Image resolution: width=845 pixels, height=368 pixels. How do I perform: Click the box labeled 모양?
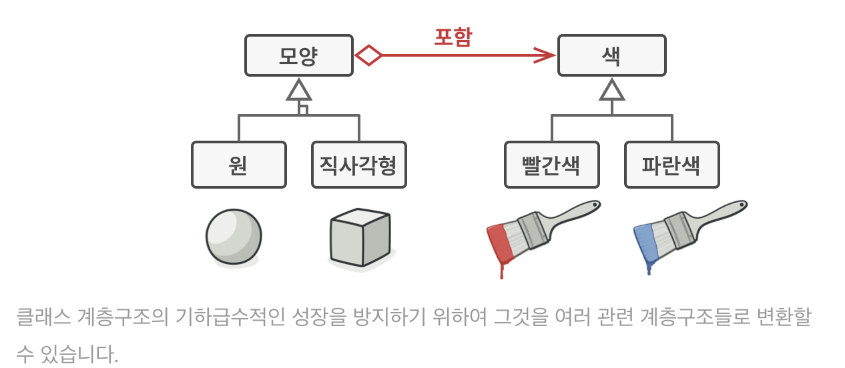298,55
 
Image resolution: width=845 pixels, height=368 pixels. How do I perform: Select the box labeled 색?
611,55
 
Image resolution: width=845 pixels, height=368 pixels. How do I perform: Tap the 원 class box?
238,165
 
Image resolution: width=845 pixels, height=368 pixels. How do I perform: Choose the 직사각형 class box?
358,165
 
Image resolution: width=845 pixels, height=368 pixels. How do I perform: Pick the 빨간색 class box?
551,165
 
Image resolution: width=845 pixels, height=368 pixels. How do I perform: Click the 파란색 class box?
671,165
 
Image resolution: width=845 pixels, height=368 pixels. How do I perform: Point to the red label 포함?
453,37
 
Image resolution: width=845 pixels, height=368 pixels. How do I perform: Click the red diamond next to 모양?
368,55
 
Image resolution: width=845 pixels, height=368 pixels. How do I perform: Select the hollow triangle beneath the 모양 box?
299,91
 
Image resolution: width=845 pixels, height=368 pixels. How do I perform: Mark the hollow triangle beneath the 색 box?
611,91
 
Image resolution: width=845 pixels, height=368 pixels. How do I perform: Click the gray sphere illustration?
234,237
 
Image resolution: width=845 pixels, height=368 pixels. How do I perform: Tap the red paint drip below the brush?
502,270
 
